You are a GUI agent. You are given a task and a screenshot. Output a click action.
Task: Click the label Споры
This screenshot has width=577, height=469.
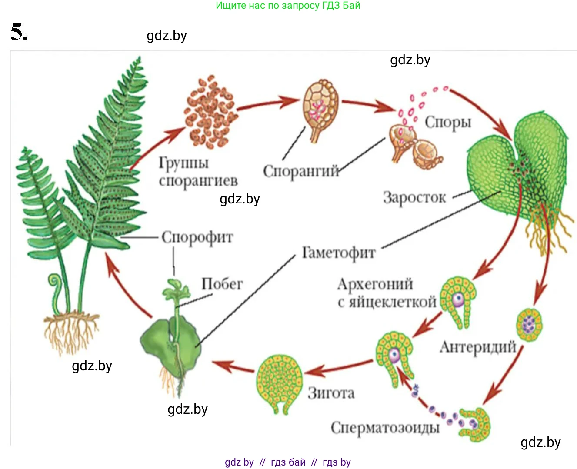pyautogui.click(x=448, y=123)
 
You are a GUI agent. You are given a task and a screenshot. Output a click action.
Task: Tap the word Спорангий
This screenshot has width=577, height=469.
pyautogui.click(x=301, y=171)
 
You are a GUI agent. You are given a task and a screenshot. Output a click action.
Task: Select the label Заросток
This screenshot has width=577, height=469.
pyautogui.click(x=414, y=197)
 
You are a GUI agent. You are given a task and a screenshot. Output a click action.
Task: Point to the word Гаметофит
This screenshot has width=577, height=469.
pyautogui.click(x=339, y=253)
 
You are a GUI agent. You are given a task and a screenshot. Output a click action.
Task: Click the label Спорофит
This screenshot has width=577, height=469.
pyautogui.click(x=197, y=237)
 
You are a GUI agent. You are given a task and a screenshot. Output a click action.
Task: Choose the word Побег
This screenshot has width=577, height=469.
pyautogui.click(x=222, y=284)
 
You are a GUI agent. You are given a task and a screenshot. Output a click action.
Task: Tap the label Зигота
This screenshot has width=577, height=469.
pyautogui.click(x=331, y=393)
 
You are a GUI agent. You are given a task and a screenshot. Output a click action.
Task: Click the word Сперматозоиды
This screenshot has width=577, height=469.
pyautogui.click(x=385, y=428)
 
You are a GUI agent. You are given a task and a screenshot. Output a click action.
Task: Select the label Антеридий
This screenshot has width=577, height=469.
pyautogui.click(x=478, y=347)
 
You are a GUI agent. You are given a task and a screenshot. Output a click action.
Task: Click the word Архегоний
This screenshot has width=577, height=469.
pyautogui.click(x=375, y=284)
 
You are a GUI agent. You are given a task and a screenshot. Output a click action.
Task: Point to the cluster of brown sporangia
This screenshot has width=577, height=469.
pyautogui.click(x=211, y=112)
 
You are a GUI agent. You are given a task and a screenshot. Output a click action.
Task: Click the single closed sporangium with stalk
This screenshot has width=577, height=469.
pyautogui.click(x=321, y=109)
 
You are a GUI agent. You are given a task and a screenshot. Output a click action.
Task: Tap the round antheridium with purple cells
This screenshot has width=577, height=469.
pyautogui.click(x=530, y=324)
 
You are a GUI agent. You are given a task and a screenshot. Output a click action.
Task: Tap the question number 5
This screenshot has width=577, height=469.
pyautogui.click(x=19, y=33)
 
